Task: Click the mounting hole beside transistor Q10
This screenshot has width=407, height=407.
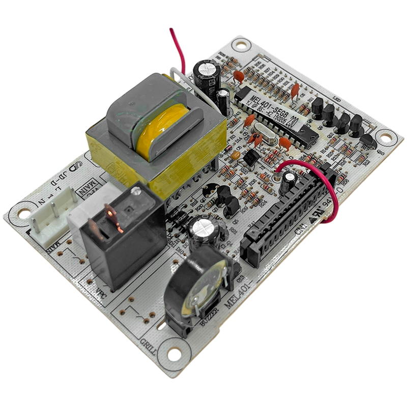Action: pyautogui.click(x=386, y=138)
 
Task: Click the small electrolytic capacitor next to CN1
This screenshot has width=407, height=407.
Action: pyautogui.click(x=289, y=181)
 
